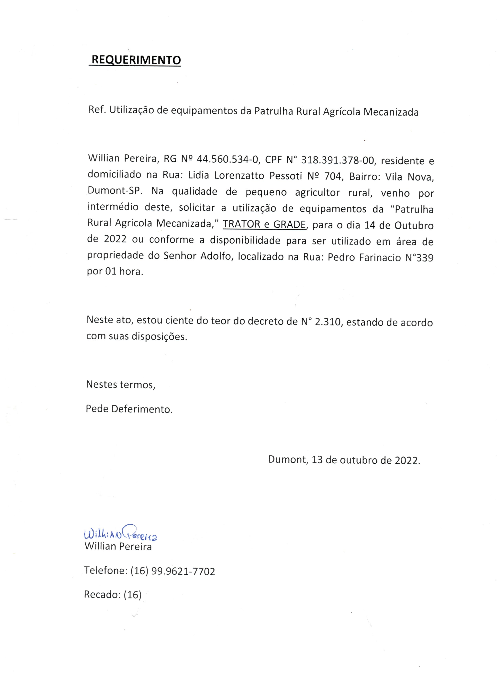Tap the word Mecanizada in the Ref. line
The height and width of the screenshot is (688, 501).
[x=391, y=112]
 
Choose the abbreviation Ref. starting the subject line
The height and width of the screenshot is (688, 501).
[x=97, y=110]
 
